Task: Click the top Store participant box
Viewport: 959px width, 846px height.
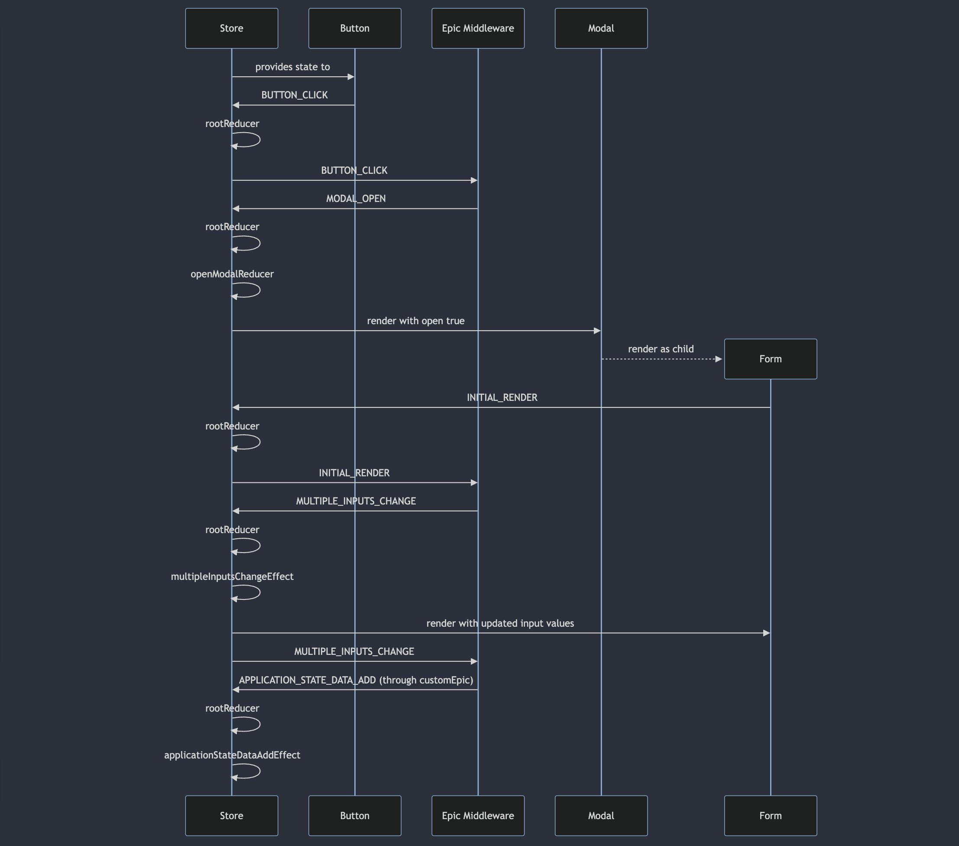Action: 231,28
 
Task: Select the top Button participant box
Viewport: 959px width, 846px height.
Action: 355,28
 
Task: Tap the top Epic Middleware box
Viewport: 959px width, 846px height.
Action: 478,28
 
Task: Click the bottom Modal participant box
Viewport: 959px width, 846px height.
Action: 601,816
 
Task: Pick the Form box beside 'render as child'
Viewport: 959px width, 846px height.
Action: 771,359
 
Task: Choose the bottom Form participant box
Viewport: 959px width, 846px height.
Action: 771,816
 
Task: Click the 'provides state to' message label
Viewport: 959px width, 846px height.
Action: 292,67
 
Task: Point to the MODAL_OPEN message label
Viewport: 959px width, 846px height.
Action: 356,198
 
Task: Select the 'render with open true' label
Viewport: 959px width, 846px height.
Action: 416,321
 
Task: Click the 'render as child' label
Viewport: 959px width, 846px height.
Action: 661,349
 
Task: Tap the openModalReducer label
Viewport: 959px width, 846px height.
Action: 232,274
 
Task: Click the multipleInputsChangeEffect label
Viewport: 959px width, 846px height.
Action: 232,576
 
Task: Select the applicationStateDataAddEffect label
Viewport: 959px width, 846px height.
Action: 232,755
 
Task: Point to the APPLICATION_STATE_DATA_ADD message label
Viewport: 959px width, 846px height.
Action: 356,680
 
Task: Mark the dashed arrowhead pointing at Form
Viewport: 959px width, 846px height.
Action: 718,359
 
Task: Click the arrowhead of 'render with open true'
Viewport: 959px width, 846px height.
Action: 597,331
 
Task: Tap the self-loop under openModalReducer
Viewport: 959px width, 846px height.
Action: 253,290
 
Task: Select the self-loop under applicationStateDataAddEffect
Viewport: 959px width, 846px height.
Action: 253,771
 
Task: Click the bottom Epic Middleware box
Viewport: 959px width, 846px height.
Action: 478,816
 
